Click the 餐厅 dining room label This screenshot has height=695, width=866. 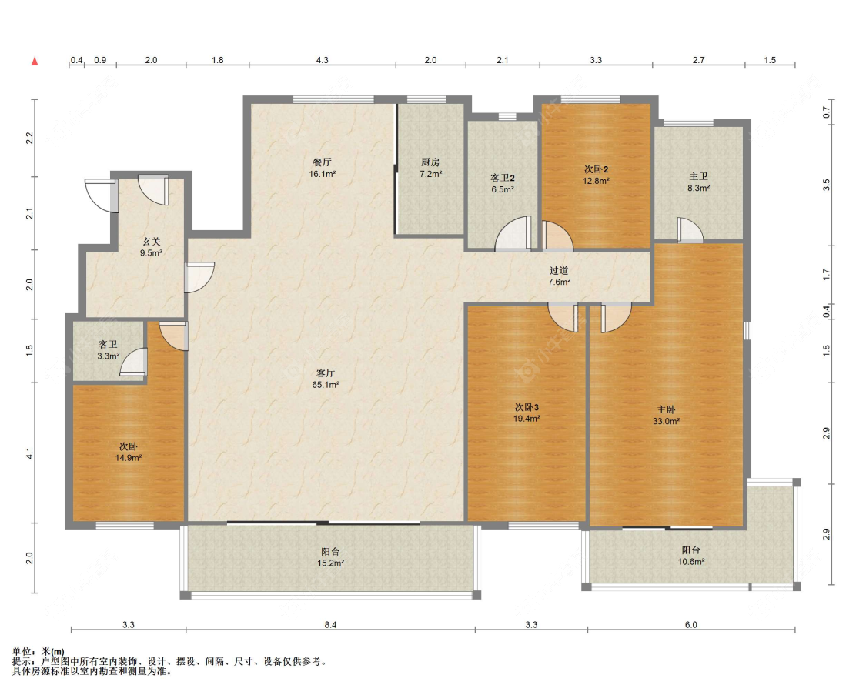click(322, 162)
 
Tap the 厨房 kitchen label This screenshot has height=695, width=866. click(430, 162)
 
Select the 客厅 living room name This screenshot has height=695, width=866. click(326, 373)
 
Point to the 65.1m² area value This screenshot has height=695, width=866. click(326, 385)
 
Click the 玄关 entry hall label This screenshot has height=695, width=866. click(151, 242)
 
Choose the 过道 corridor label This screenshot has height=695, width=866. click(558, 270)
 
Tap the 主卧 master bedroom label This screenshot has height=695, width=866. click(666, 409)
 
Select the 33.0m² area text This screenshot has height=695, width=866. click(666, 421)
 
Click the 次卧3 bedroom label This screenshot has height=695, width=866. click(527, 407)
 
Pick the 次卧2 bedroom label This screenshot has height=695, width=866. click(596, 169)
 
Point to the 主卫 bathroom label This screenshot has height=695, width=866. click(698, 176)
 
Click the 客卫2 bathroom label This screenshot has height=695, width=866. click(503, 178)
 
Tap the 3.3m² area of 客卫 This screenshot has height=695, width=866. click(109, 356)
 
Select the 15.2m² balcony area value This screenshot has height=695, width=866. click(330, 563)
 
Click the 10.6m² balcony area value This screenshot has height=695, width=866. click(691, 562)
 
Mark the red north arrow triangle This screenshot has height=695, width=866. click(35, 62)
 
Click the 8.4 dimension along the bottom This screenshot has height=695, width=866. click(330, 625)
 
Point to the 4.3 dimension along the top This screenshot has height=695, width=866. click(322, 60)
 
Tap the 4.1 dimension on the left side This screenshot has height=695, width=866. click(30, 453)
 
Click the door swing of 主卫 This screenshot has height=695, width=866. click(691, 230)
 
